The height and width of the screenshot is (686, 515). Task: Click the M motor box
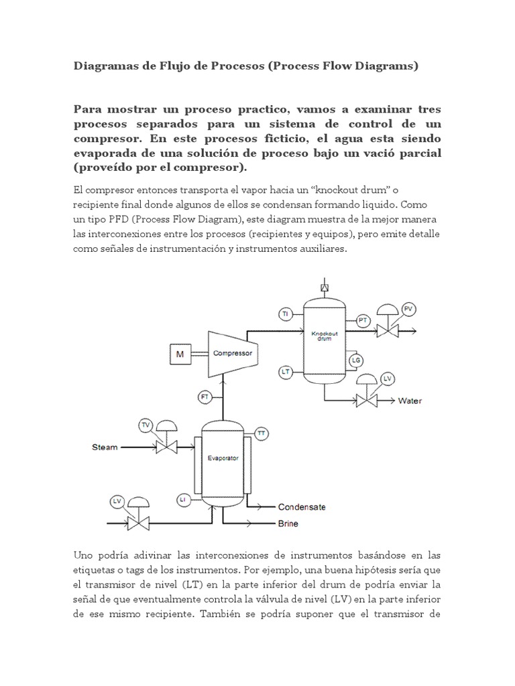(x=180, y=353)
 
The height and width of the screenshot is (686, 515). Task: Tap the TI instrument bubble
(x=285, y=314)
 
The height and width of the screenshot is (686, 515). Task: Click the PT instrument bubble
(x=363, y=321)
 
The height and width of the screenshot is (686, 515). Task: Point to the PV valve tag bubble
(x=410, y=308)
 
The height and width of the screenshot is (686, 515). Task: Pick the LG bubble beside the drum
(x=356, y=360)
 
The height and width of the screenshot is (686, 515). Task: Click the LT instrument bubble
(x=285, y=370)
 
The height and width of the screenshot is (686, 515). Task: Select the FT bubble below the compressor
(x=205, y=398)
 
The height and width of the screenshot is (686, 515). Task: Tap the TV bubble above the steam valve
(x=146, y=425)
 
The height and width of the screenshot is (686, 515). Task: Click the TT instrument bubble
(x=262, y=433)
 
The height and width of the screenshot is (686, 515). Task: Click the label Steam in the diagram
(x=105, y=446)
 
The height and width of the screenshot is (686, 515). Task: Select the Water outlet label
(x=410, y=401)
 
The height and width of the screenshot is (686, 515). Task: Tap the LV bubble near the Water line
(x=387, y=379)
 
